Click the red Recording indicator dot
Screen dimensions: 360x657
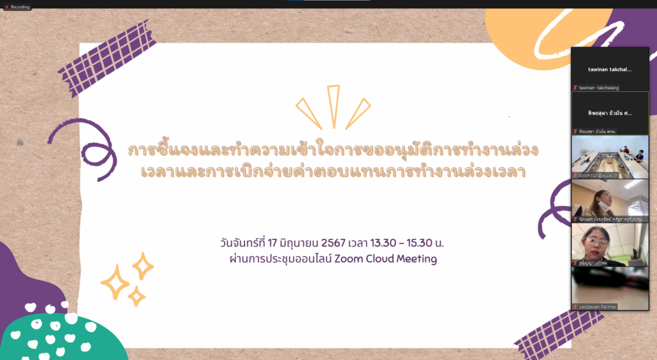click(6, 6)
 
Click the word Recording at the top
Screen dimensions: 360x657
click(20, 6)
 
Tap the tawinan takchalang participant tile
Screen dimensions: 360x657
click(610, 69)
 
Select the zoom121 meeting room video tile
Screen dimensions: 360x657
click(610, 156)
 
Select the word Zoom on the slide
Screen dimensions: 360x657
click(349, 259)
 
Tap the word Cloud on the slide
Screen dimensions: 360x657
click(379, 259)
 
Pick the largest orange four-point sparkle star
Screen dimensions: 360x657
click(115, 283)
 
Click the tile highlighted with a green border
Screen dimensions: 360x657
click(610, 112)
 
